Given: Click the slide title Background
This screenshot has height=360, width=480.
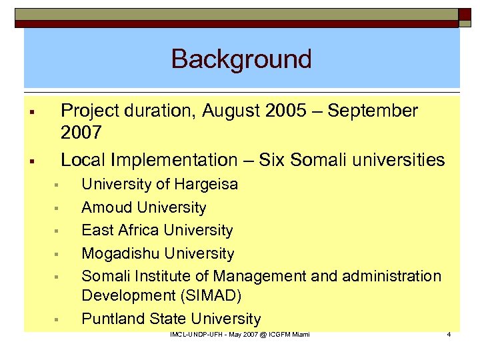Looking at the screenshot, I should coord(241,59).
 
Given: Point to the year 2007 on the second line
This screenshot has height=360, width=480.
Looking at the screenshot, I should coord(81,133).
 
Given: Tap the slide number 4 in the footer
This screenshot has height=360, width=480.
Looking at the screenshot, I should coord(449,334).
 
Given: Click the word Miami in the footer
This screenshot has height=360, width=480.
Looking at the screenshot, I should coord(299,334).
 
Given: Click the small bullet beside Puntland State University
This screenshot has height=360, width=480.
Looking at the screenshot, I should coord(57,319).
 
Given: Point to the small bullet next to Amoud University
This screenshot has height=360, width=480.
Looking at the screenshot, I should coord(57,208).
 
